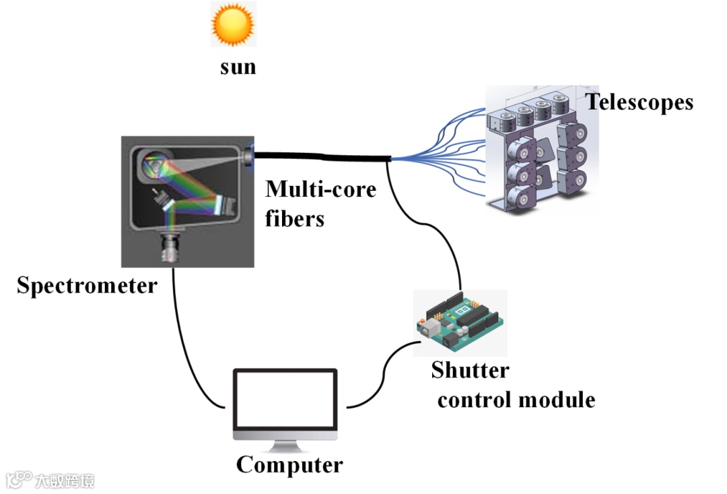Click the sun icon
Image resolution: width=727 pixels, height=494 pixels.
[233, 24]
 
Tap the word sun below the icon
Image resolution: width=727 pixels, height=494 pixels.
[238, 67]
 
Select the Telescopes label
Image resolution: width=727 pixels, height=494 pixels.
[639, 102]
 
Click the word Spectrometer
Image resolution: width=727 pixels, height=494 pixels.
[87, 286]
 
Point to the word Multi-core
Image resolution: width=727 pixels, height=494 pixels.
[320, 189]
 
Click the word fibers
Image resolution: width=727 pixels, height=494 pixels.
[295, 218]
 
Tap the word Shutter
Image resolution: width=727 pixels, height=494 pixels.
[470, 370]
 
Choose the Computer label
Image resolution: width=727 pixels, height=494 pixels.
[289, 465]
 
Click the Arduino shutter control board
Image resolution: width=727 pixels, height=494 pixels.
[460, 323]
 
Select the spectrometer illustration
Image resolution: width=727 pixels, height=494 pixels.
[188, 201]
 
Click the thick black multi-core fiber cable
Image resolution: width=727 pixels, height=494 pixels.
[323, 157]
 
